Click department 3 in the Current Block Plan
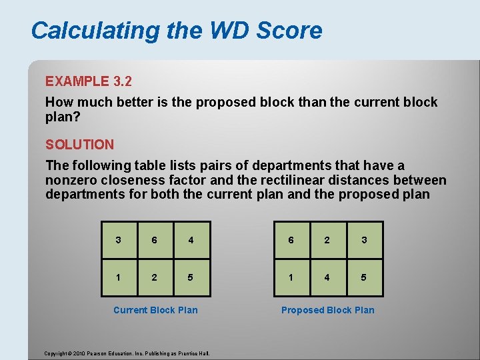[x=118, y=240]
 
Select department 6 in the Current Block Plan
[x=155, y=240]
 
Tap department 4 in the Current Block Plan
[x=191, y=240]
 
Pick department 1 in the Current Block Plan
[x=118, y=277]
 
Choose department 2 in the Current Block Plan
[x=155, y=277]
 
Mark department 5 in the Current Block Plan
[x=191, y=277]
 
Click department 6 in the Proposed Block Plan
[x=291, y=240]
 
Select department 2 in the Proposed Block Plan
[x=327, y=240]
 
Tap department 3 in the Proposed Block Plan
[x=364, y=240]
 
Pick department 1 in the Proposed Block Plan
[x=291, y=277]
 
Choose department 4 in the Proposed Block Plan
[x=327, y=277]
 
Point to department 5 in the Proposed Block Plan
[x=364, y=277]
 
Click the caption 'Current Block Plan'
[x=155, y=310]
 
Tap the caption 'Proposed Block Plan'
[x=327, y=310]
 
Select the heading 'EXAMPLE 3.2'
[x=89, y=81]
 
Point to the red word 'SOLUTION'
[x=79, y=144]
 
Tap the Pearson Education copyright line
[x=127, y=353]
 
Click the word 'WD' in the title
[x=229, y=31]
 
